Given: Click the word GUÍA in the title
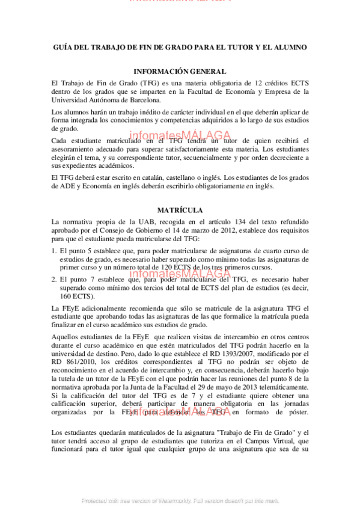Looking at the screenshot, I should [61, 47].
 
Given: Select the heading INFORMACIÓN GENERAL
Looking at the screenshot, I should [180, 71].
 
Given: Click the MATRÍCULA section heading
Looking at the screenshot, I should [180, 210].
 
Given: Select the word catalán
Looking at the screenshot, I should [156, 178].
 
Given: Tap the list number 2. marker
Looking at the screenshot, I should [54, 280].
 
